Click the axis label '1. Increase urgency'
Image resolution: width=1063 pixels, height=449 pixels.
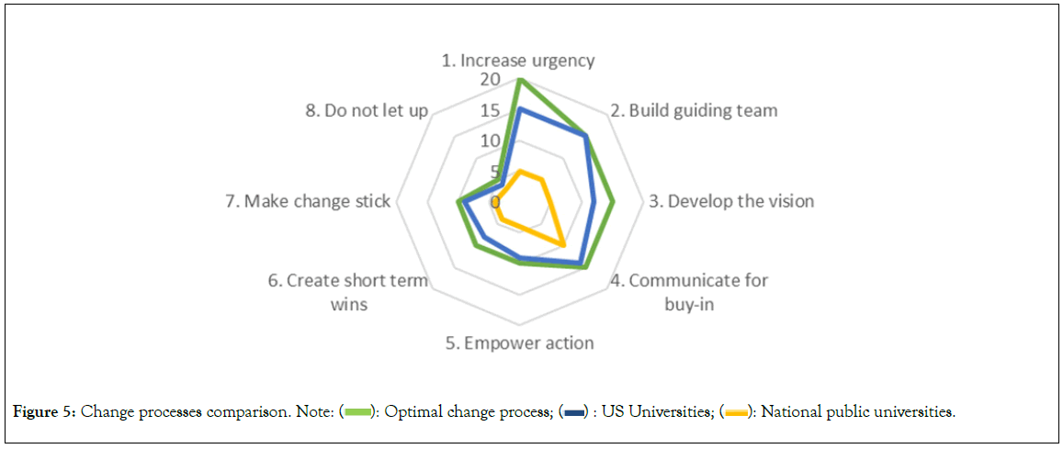tap(518, 61)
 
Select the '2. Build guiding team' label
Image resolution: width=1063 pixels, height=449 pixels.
tap(694, 110)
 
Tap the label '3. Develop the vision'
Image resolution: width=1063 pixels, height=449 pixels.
tap(731, 201)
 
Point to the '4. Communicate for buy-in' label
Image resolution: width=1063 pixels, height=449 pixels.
tap(689, 292)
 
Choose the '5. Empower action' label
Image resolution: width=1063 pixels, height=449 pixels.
tap(519, 343)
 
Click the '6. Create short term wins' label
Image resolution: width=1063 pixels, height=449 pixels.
tap(348, 292)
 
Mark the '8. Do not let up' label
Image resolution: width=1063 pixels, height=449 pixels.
tap(367, 111)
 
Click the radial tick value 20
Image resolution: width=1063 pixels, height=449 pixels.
tap(490, 80)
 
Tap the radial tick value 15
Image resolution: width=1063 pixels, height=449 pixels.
tap(490, 111)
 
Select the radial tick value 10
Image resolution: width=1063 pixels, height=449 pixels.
tap(490, 141)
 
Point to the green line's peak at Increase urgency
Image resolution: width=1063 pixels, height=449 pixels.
tap(520, 80)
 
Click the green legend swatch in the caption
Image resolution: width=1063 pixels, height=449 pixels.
tap(357, 412)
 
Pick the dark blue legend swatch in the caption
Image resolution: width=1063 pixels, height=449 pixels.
tap(577, 412)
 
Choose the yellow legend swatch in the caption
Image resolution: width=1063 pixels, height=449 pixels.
tap(736, 412)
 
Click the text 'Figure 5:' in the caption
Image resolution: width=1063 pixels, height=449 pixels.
tap(45, 412)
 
